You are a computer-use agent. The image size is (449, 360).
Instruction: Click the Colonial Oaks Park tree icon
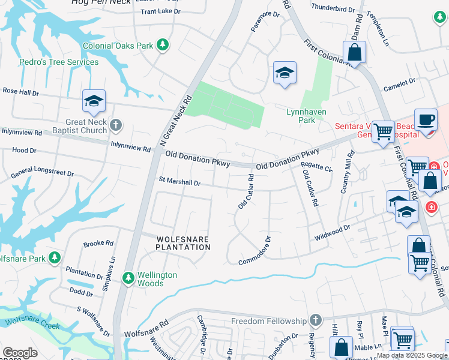point(161,44)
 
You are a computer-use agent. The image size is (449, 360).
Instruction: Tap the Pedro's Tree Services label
point(59,62)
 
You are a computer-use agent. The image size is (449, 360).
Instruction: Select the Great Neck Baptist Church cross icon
point(116,126)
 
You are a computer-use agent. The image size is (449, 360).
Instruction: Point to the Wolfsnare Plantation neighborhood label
point(183,242)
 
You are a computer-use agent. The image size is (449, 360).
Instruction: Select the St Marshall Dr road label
point(179,181)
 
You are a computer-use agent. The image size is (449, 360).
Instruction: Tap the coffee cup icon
point(426,119)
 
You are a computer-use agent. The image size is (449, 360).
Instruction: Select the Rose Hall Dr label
point(20,92)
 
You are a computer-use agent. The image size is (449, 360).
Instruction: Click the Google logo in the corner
point(20,353)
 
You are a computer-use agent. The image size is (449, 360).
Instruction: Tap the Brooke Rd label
point(98,244)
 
